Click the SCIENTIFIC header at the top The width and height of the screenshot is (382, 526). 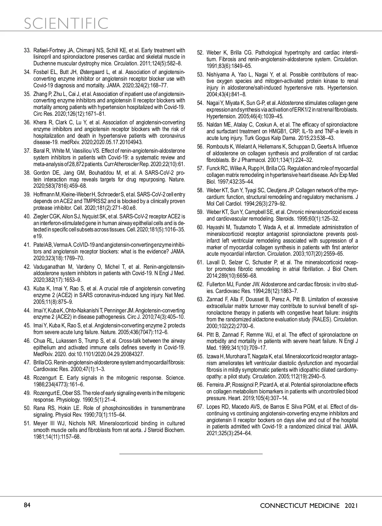pyautogui.click(x=66, y=23)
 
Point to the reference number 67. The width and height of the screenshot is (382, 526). pyautogui.click(x=200, y=407)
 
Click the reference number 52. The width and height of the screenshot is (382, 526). pyautogui.click(x=200, y=53)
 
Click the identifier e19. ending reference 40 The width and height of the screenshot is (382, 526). pyautogui.click(x=39, y=236)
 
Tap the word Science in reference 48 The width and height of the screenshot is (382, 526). pyautogui.click(x=174, y=378)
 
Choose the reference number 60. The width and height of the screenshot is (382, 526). pyautogui.click(x=200, y=227)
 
